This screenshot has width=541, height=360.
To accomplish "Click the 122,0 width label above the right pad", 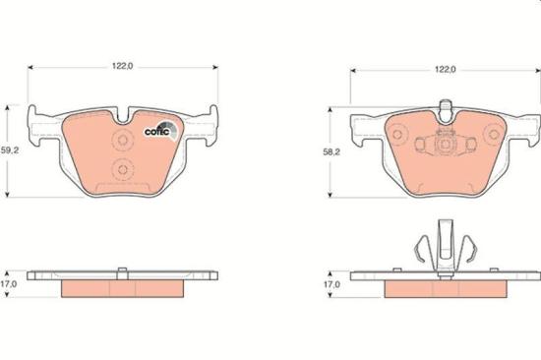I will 446,70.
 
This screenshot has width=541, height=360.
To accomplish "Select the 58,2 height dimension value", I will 333,153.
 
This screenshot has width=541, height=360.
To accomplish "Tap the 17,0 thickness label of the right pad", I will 333,284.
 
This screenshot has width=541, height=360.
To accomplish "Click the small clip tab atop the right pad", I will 445,106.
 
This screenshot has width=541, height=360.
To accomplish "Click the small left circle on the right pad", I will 422,145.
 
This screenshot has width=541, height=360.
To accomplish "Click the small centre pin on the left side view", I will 123,270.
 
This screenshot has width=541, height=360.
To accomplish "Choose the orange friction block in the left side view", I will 123,288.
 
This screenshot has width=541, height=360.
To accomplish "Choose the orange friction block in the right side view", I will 445,289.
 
